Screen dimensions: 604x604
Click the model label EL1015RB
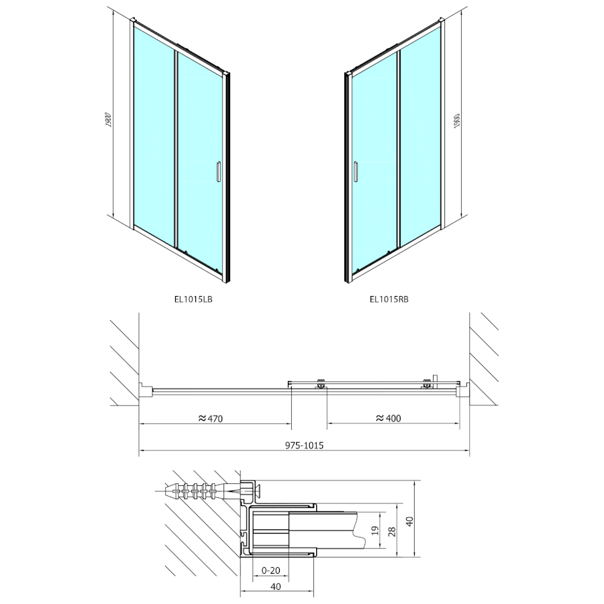(389, 301)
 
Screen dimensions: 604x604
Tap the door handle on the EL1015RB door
(356, 171)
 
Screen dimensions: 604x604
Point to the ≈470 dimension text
(210, 418)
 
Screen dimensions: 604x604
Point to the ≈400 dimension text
(388, 418)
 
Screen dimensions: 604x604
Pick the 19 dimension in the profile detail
(374, 530)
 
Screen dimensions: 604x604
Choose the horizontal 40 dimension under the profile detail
(276, 585)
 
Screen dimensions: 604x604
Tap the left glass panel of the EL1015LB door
(154, 128)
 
